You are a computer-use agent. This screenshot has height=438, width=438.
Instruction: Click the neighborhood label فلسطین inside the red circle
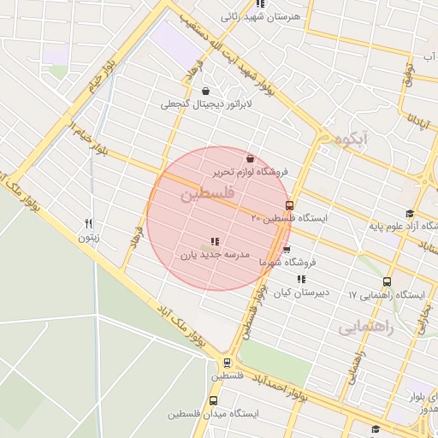[x=206, y=196]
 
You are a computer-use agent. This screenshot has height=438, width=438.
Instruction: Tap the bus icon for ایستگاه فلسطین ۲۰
[x=289, y=205]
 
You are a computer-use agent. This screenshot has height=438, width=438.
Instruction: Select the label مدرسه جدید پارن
[x=214, y=255]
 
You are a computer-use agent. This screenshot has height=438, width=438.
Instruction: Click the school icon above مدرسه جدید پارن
[x=214, y=242]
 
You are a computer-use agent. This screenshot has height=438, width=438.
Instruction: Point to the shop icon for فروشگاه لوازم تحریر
[x=250, y=158]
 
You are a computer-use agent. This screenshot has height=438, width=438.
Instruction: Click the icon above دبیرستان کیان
[x=300, y=279]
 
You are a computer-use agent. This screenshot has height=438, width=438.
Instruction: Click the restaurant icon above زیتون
[x=89, y=225]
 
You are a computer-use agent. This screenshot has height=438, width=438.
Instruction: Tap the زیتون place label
[x=89, y=238]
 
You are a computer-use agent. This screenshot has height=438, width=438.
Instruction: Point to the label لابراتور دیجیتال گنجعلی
[x=196, y=104]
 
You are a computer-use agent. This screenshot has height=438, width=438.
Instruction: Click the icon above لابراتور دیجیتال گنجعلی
[x=205, y=92]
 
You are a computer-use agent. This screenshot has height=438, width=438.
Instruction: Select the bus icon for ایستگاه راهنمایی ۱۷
[x=387, y=281]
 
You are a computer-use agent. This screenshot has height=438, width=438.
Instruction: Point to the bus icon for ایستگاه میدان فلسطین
[x=213, y=400]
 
